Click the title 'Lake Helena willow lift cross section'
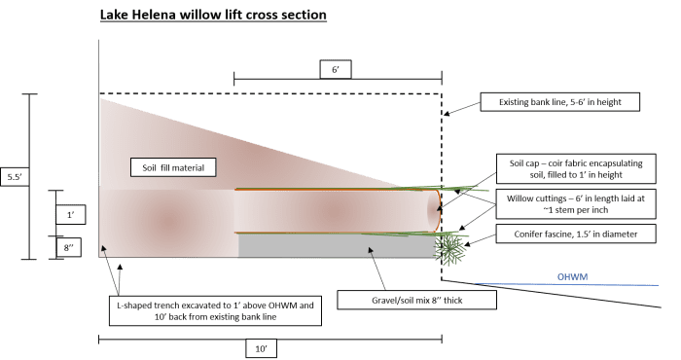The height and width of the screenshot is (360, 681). click(213, 15)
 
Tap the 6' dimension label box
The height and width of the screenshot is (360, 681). click(336, 69)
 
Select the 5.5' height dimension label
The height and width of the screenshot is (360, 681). click(15, 177)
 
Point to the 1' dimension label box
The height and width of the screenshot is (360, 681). click(70, 214)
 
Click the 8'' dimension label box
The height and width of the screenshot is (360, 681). click(69, 247)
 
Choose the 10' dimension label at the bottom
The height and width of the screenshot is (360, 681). click(261, 348)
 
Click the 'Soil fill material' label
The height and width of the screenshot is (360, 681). click(173, 167)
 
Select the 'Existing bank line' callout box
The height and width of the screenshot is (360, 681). click(559, 102)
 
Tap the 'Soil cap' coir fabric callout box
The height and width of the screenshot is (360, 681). click(576, 169)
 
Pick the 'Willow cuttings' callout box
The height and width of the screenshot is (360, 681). click(576, 204)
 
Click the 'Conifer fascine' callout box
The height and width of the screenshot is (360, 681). click(576, 234)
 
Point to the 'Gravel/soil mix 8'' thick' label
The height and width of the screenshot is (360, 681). click(417, 300)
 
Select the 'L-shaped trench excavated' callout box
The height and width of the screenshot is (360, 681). click(215, 311)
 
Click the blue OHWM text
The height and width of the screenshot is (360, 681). click(572, 276)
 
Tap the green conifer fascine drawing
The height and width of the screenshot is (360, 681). click(450, 249)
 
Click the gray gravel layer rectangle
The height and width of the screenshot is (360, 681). click(338, 246)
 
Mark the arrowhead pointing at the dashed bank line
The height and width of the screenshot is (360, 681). click(446, 114)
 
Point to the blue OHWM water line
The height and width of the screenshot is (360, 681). click(567, 284)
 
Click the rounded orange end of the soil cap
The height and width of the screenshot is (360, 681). click(439, 210)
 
